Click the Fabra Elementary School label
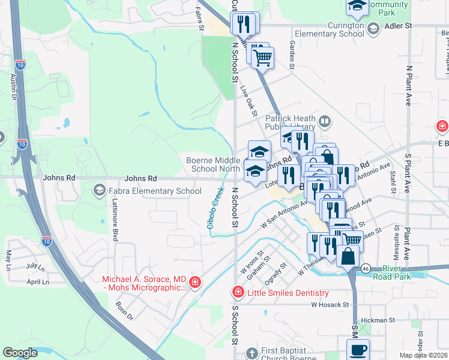[154, 191]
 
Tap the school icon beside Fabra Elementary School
[98, 191]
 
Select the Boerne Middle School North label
[212, 164]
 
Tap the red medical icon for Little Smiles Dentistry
[238, 293]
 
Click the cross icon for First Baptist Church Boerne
[253, 353]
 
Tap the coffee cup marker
[358, 350]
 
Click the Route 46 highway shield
[365, 269]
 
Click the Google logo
[20, 353]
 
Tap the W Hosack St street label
[330, 305]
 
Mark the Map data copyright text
[423, 356]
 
